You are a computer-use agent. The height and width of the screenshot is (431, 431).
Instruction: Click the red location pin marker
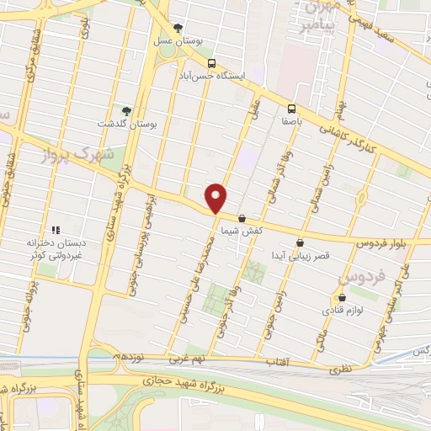coord(217,199)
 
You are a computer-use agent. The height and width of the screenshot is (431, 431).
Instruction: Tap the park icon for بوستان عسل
coord(178,28)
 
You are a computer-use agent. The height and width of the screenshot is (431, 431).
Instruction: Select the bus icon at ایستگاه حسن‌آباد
coord(211,62)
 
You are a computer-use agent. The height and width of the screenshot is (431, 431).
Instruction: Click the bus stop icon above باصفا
coord(291,109)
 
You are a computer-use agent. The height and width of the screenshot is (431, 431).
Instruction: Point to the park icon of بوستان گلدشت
coord(125,111)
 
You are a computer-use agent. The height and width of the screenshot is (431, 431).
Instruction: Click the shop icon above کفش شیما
coord(242,217)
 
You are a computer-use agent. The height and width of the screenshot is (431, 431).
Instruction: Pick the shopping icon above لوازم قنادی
coord(341,297)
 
